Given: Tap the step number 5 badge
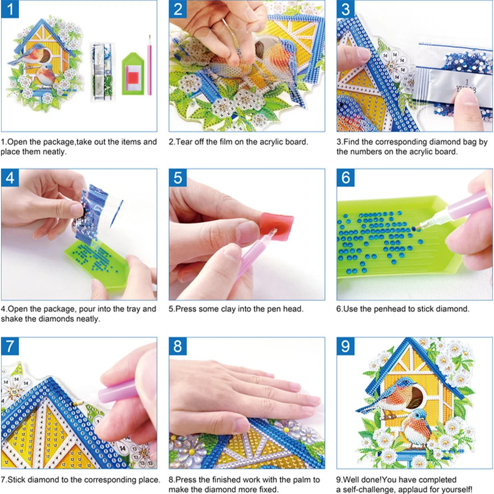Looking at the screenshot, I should pos(178,178).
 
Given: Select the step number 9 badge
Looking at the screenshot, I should pos(345,346).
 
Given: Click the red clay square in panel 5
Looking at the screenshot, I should pos(277,227).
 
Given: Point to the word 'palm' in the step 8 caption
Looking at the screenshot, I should pos(300,479).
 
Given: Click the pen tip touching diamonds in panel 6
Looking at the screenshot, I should pos(416,228).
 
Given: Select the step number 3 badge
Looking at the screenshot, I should pos(345,9).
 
